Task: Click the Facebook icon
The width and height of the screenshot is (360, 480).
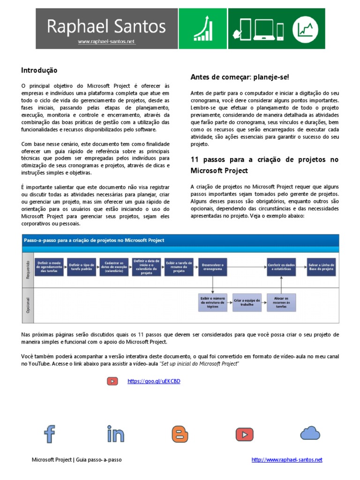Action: click(x=49, y=434)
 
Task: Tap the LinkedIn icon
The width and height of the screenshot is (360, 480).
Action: click(x=115, y=434)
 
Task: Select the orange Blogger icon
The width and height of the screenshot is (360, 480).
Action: click(x=180, y=434)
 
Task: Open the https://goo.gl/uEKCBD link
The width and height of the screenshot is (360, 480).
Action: click(x=154, y=381)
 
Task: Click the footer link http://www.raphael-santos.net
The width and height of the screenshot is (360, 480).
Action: click(x=287, y=460)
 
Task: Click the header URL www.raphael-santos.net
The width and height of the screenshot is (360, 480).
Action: click(x=107, y=42)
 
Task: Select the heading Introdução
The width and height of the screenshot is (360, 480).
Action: click(x=39, y=70)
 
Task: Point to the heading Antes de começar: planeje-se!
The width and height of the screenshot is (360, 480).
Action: click(x=240, y=76)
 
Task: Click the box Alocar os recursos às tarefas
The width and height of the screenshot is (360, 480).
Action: click(x=281, y=302)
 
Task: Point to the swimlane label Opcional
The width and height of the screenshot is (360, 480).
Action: click(x=28, y=305)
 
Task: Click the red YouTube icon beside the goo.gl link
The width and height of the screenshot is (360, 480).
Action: click(x=112, y=381)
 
